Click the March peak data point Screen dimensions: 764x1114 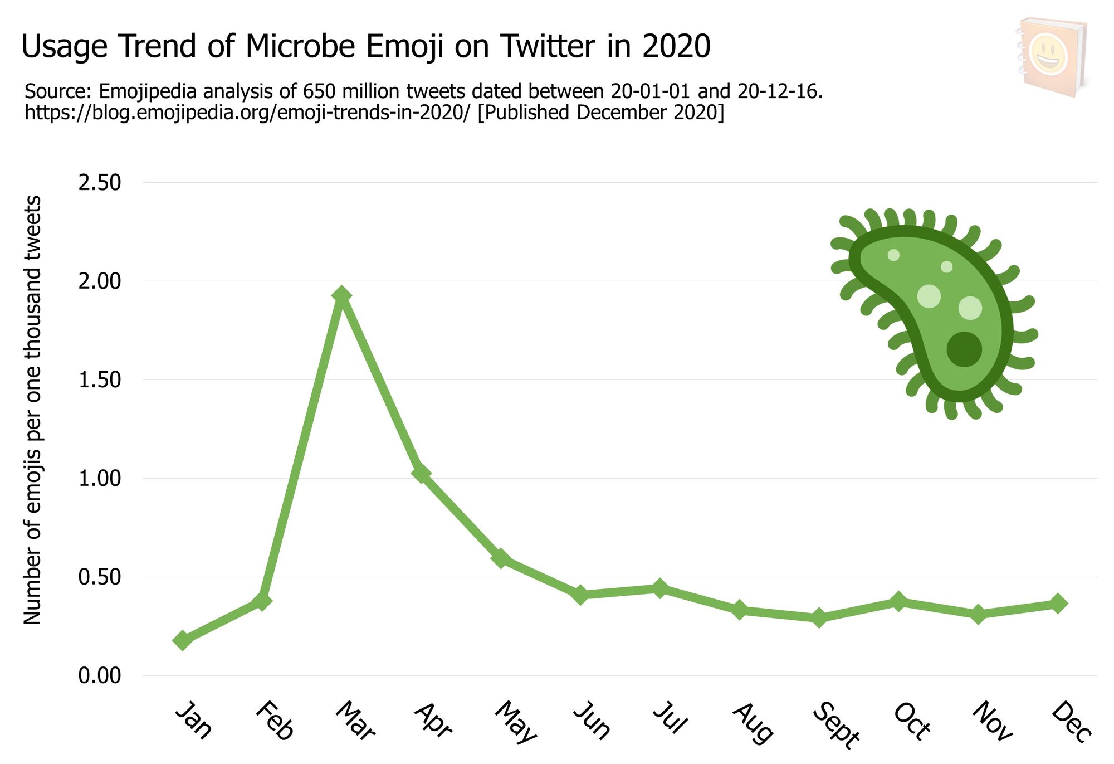pos(341,296)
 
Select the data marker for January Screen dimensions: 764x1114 pos(183,640)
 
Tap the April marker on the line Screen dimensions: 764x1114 pos(421,473)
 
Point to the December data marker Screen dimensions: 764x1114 pos(1058,604)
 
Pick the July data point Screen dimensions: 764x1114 pos(660,588)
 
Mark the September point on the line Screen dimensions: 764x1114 pos(819,617)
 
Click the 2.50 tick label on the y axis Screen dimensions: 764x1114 pos(100,183)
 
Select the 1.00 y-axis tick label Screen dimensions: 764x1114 pos(100,479)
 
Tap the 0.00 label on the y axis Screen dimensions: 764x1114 pos(100,676)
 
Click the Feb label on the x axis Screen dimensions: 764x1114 pos(275,721)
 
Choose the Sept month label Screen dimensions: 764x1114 pos(836,725)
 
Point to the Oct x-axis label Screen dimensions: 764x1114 pos(912,722)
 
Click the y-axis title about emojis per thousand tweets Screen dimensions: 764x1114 pos(33,410)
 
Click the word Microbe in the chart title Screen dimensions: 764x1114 pos(300,46)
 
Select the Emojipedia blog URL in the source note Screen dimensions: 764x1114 pos(248,113)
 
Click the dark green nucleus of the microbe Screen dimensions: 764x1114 pos(964,349)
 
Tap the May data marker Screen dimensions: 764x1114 pos(501,558)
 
